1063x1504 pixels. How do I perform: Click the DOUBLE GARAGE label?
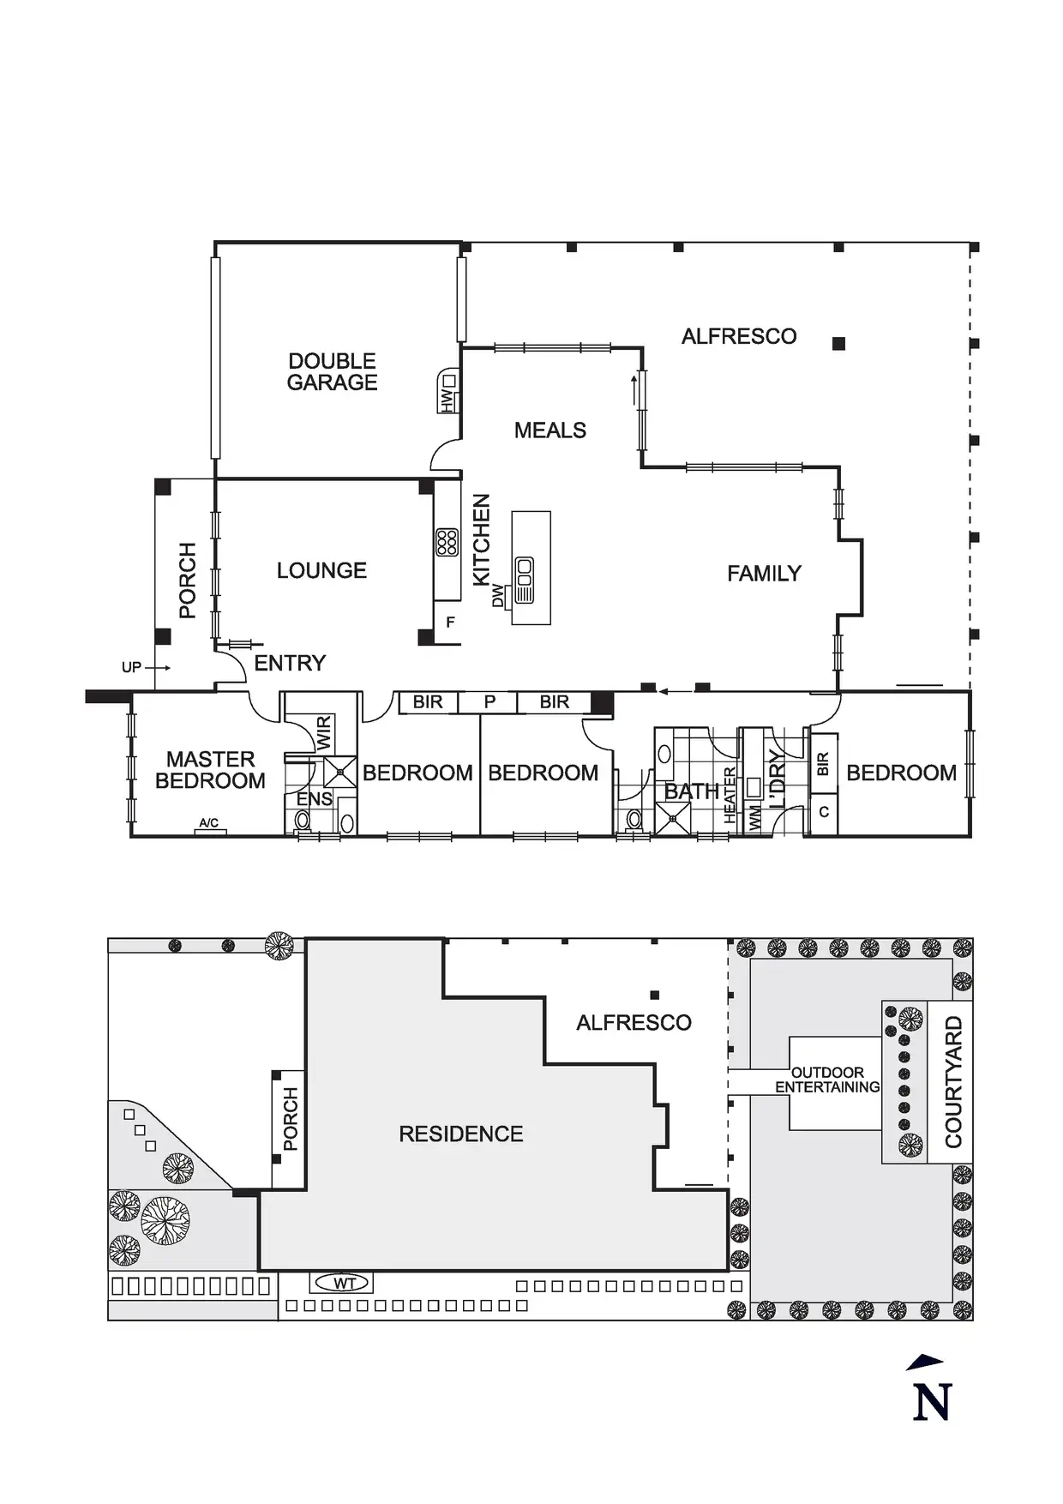coord(332,372)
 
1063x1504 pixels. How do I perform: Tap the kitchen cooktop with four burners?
coord(447,542)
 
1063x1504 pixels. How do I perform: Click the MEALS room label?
coord(550,430)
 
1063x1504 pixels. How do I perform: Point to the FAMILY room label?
coord(764,574)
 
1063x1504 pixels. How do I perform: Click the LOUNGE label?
coord(321,571)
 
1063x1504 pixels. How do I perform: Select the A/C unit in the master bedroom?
coord(209,825)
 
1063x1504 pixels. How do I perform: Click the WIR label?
coord(323,733)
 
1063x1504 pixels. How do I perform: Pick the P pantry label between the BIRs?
coord(489,702)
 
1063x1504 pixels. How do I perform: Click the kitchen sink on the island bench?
coord(523,580)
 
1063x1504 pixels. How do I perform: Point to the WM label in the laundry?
coord(755,817)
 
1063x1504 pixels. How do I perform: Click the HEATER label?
coord(730,795)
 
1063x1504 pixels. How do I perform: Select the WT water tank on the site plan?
coord(344,1284)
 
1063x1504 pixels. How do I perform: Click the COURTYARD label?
coord(953,1082)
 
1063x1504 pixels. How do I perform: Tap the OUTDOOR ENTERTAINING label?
coord(827,1080)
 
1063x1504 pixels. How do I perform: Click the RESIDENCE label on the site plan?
coord(460,1134)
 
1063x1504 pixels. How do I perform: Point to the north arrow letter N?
coord(932,1402)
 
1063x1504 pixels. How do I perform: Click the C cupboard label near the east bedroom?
coord(824,811)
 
